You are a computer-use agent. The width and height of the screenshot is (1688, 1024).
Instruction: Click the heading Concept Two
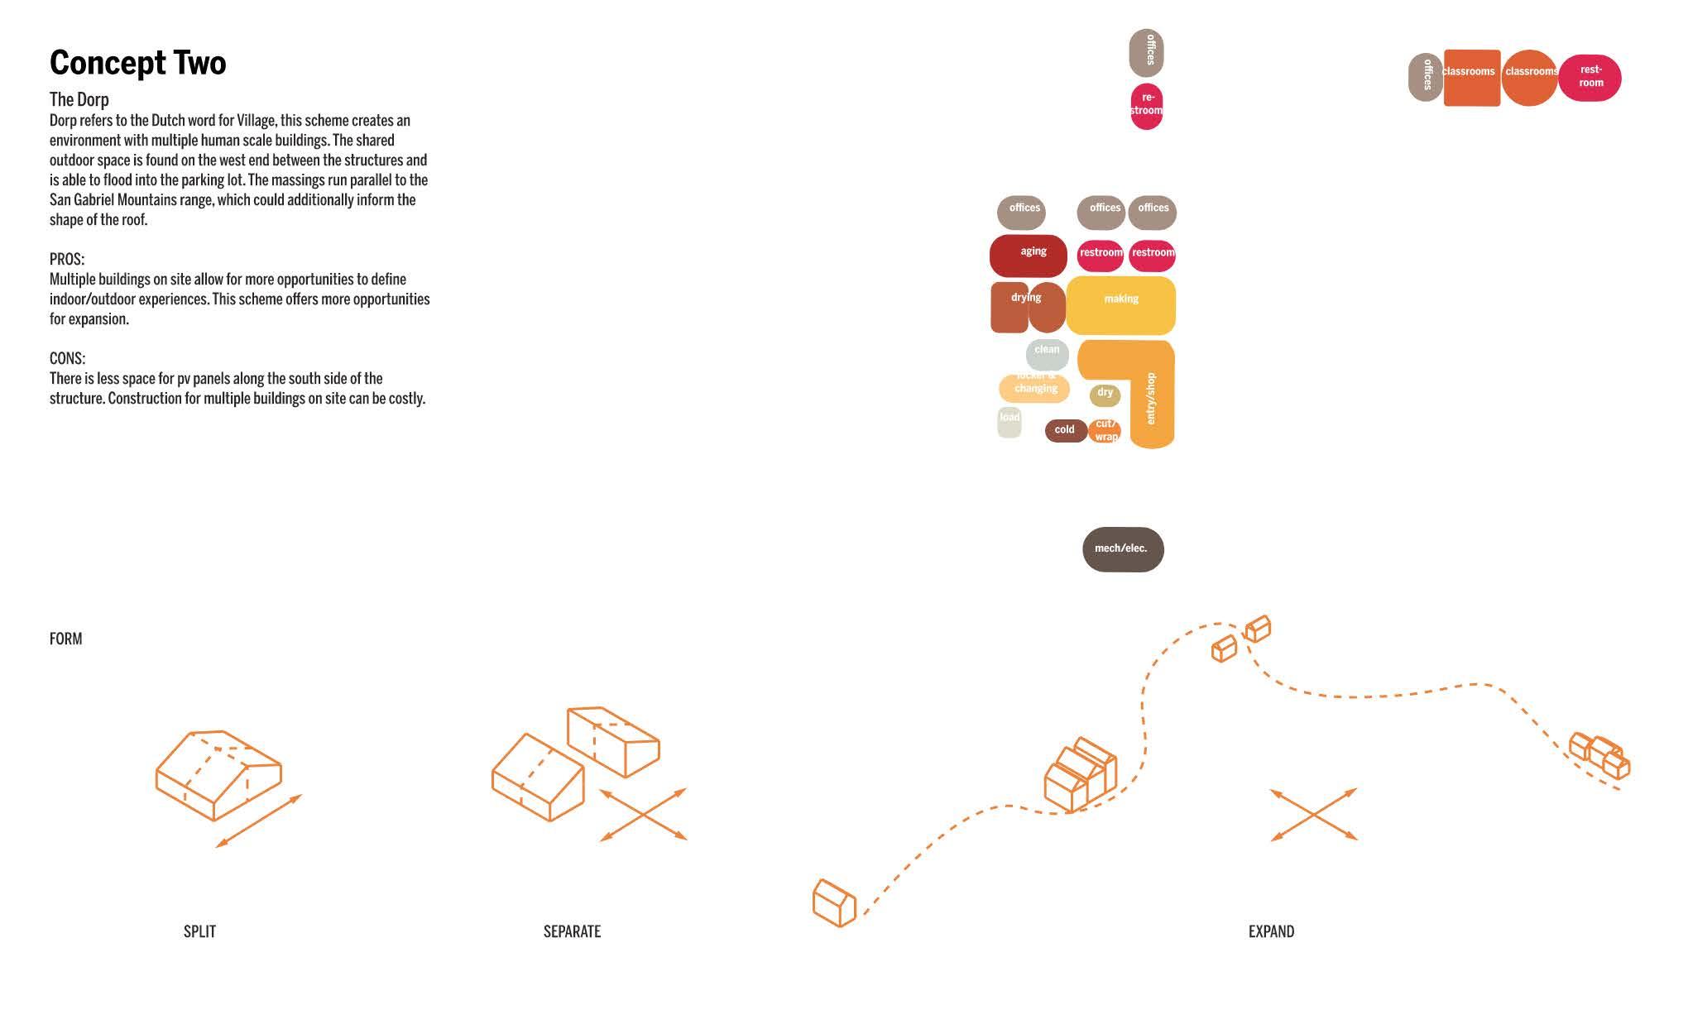[x=137, y=63]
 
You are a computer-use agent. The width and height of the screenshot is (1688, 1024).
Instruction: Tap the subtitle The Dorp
[x=79, y=99]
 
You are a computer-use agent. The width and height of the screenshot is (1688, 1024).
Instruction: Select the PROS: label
[x=66, y=259]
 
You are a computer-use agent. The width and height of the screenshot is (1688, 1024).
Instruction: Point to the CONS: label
[x=67, y=358]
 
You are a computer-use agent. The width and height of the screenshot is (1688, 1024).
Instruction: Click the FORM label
[x=65, y=639]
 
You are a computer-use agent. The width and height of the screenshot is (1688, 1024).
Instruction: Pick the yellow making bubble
[x=1120, y=305]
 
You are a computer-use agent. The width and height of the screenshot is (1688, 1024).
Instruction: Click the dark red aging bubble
[x=1028, y=256]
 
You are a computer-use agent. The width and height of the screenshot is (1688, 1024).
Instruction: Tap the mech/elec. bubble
[x=1122, y=549]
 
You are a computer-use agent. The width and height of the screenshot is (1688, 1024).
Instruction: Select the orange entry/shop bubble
[x=1150, y=405]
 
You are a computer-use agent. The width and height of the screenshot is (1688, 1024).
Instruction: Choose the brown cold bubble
[x=1065, y=430]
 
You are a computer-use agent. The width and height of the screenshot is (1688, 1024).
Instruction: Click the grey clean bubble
[x=1047, y=353]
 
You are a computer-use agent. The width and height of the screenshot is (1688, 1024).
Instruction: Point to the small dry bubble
[x=1105, y=395]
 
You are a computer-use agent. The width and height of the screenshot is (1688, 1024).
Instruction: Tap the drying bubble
[x=1027, y=307]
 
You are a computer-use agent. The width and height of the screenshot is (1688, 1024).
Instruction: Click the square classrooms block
[x=1471, y=78]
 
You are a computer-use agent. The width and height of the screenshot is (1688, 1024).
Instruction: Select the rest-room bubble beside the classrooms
[x=1590, y=78]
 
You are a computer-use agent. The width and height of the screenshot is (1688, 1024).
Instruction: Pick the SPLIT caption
[x=199, y=931]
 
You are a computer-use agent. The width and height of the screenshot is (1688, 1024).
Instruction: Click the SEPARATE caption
[x=572, y=931]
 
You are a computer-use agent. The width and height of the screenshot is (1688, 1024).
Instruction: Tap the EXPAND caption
[x=1271, y=931]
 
